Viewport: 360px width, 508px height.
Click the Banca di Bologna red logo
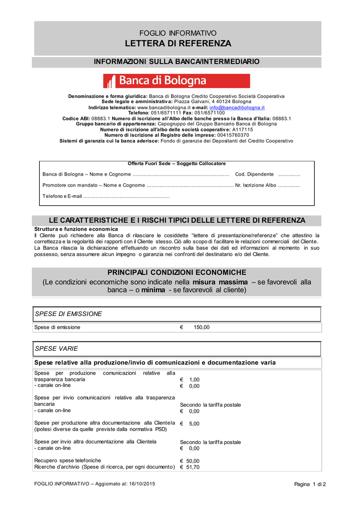click(176, 81)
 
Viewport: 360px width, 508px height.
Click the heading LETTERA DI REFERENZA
click(178, 44)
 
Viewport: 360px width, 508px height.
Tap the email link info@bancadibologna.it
click(237, 107)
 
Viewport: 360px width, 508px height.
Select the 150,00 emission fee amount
click(201, 327)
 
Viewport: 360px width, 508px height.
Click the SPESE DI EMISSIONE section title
click(69, 314)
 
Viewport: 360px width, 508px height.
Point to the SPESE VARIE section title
click(56, 349)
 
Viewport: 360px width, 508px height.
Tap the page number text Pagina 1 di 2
click(310, 484)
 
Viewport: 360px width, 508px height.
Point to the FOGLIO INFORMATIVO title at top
click(178, 33)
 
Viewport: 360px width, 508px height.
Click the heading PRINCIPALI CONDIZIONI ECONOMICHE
click(177, 273)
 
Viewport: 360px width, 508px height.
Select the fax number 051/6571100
click(211, 113)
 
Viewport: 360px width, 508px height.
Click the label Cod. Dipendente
click(254, 175)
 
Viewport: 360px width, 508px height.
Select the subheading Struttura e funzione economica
click(76, 229)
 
